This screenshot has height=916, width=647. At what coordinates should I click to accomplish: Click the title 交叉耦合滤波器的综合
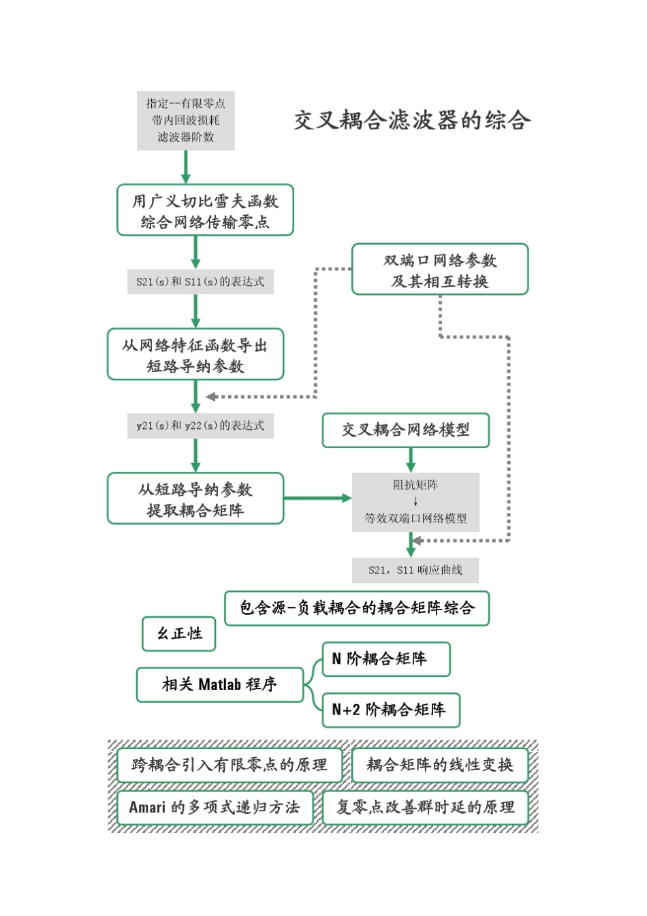tap(412, 121)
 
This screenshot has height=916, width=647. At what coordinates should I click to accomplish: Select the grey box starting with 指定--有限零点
tap(185, 121)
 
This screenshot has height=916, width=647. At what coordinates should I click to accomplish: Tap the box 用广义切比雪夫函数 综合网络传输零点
tap(205, 210)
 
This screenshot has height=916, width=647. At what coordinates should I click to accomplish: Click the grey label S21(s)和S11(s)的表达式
tap(200, 282)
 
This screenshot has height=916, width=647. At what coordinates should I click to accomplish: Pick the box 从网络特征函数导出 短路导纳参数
tap(195, 355)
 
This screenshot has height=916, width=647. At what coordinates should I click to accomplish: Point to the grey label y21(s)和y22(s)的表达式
tap(200, 426)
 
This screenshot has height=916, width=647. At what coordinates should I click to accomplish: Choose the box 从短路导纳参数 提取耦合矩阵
tap(195, 499)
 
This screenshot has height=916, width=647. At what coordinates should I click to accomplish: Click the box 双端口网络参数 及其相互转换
tap(440, 270)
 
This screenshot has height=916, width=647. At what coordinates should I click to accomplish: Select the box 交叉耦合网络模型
tap(406, 430)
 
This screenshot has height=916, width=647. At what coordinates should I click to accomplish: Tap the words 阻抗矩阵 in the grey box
tap(415, 485)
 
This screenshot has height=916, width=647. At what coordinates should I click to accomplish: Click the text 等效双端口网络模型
tap(415, 518)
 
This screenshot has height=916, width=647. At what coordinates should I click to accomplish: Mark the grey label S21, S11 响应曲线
tap(415, 570)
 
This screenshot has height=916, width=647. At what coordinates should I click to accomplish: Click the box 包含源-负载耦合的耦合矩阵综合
tap(357, 608)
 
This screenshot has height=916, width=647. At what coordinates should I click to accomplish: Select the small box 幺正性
tap(180, 634)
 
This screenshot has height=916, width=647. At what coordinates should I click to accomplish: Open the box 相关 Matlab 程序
tap(219, 684)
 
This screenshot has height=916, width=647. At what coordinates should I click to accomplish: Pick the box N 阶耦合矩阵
tap(386, 659)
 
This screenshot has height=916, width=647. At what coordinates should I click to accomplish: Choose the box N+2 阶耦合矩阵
tap(391, 710)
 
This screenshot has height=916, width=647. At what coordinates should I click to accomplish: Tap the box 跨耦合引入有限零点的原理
tap(229, 765)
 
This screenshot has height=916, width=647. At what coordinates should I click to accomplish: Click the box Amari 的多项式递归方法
tap(215, 808)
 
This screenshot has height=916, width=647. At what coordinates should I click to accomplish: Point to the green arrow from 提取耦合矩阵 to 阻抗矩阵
tap(317, 499)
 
